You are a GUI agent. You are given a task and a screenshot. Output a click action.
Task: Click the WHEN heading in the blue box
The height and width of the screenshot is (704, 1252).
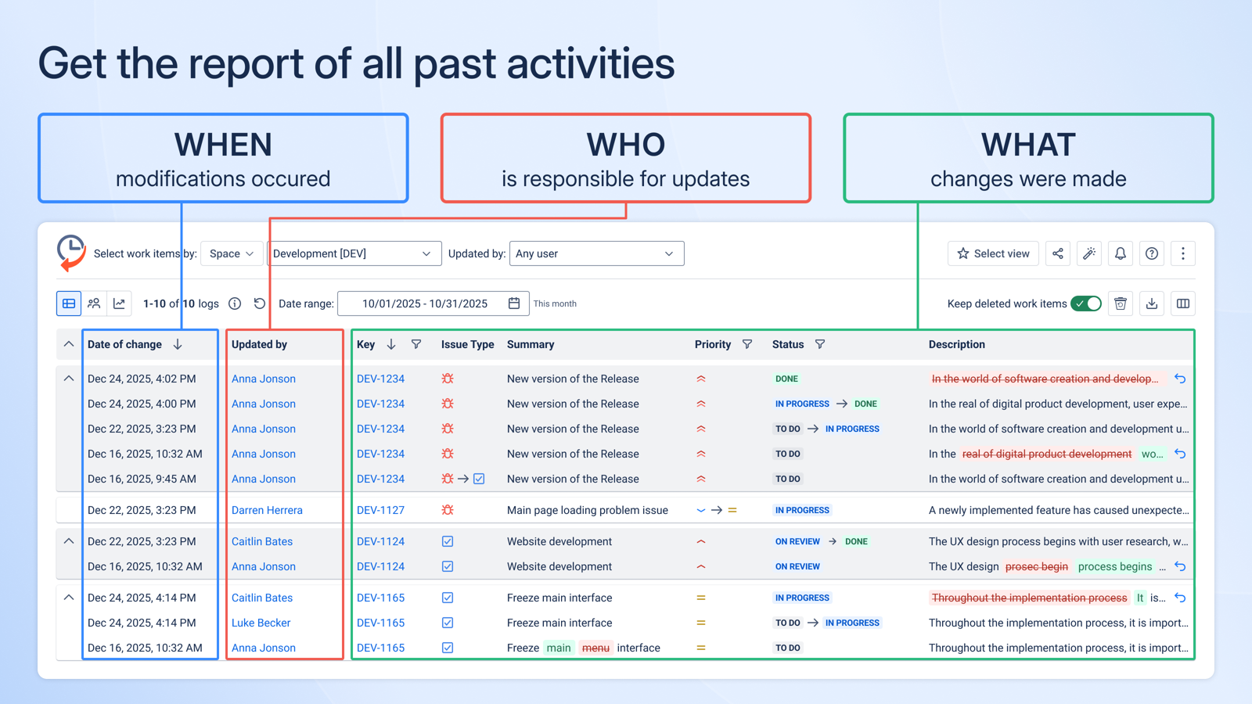click(x=223, y=145)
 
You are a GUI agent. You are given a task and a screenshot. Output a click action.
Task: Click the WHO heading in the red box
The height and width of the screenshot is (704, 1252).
click(x=625, y=145)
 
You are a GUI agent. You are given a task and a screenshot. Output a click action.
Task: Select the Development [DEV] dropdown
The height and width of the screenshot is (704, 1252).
click(x=353, y=253)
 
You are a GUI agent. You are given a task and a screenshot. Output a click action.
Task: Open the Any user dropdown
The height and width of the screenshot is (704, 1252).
click(x=596, y=253)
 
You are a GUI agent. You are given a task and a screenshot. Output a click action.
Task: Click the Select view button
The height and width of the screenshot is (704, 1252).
click(x=993, y=253)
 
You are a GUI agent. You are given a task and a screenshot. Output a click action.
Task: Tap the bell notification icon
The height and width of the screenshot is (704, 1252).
click(x=1121, y=253)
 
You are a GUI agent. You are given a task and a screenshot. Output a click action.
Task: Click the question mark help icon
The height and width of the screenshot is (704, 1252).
click(x=1152, y=253)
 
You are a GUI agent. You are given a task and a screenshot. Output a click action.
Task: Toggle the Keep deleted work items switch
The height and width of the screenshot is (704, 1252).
click(x=1086, y=304)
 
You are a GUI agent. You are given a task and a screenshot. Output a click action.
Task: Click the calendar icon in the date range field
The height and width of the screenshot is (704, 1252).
click(x=514, y=304)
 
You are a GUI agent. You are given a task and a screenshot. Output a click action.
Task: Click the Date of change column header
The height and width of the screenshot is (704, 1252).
click(x=125, y=344)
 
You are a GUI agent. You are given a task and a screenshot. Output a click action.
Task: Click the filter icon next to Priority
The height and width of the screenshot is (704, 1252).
click(x=747, y=344)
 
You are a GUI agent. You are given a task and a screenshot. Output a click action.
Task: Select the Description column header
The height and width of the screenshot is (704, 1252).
click(x=956, y=344)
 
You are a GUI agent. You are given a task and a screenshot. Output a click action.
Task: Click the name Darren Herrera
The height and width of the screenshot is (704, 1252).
click(x=267, y=510)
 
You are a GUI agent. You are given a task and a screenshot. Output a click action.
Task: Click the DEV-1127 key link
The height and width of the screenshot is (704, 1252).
click(x=380, y=510)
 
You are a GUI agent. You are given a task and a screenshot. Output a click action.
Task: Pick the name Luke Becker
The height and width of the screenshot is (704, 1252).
click(x=261, y=623)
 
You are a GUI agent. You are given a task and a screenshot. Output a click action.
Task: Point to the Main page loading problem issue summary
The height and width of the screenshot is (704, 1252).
click(x=587, y=510)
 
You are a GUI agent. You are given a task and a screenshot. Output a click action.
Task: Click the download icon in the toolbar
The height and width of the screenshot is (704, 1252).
click(x=1152, y=304)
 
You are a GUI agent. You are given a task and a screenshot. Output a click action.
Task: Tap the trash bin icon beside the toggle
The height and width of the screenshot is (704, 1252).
click(x=1121, y=304)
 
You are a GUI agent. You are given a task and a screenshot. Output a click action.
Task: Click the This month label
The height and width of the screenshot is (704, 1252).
click(x=555, y=304)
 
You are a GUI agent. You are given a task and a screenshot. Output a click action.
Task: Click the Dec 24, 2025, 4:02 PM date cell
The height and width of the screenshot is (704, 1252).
click(x=142, y=379)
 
